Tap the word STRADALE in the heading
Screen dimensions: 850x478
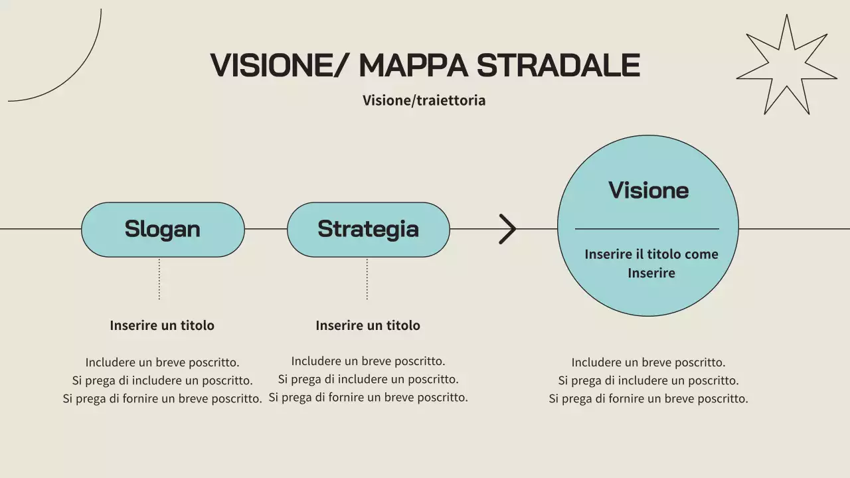pos(558,65)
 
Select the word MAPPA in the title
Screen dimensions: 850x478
pos(414,65)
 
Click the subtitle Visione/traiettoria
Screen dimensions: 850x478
pos(424,100)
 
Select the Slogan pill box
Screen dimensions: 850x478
pos(163,229)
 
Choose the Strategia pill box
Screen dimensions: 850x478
pos(368,229)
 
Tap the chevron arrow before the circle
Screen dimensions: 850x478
pos(507,229)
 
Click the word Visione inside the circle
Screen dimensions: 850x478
pos(648,191)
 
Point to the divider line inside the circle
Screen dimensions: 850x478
pos(647,229)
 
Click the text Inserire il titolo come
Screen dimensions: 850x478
pos(651,254)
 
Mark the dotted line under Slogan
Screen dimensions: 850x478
pos(159,279)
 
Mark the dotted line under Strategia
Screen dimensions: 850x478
pos(367,279)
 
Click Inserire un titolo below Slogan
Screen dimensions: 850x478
pos(162,325)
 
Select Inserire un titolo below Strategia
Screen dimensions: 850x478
pos(368,325)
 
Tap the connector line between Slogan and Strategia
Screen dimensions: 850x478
pos(266,229)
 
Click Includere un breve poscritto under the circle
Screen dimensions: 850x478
pos(648,362)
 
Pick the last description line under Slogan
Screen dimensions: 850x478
pos(162,399)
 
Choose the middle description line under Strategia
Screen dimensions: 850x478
pos(368,380)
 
